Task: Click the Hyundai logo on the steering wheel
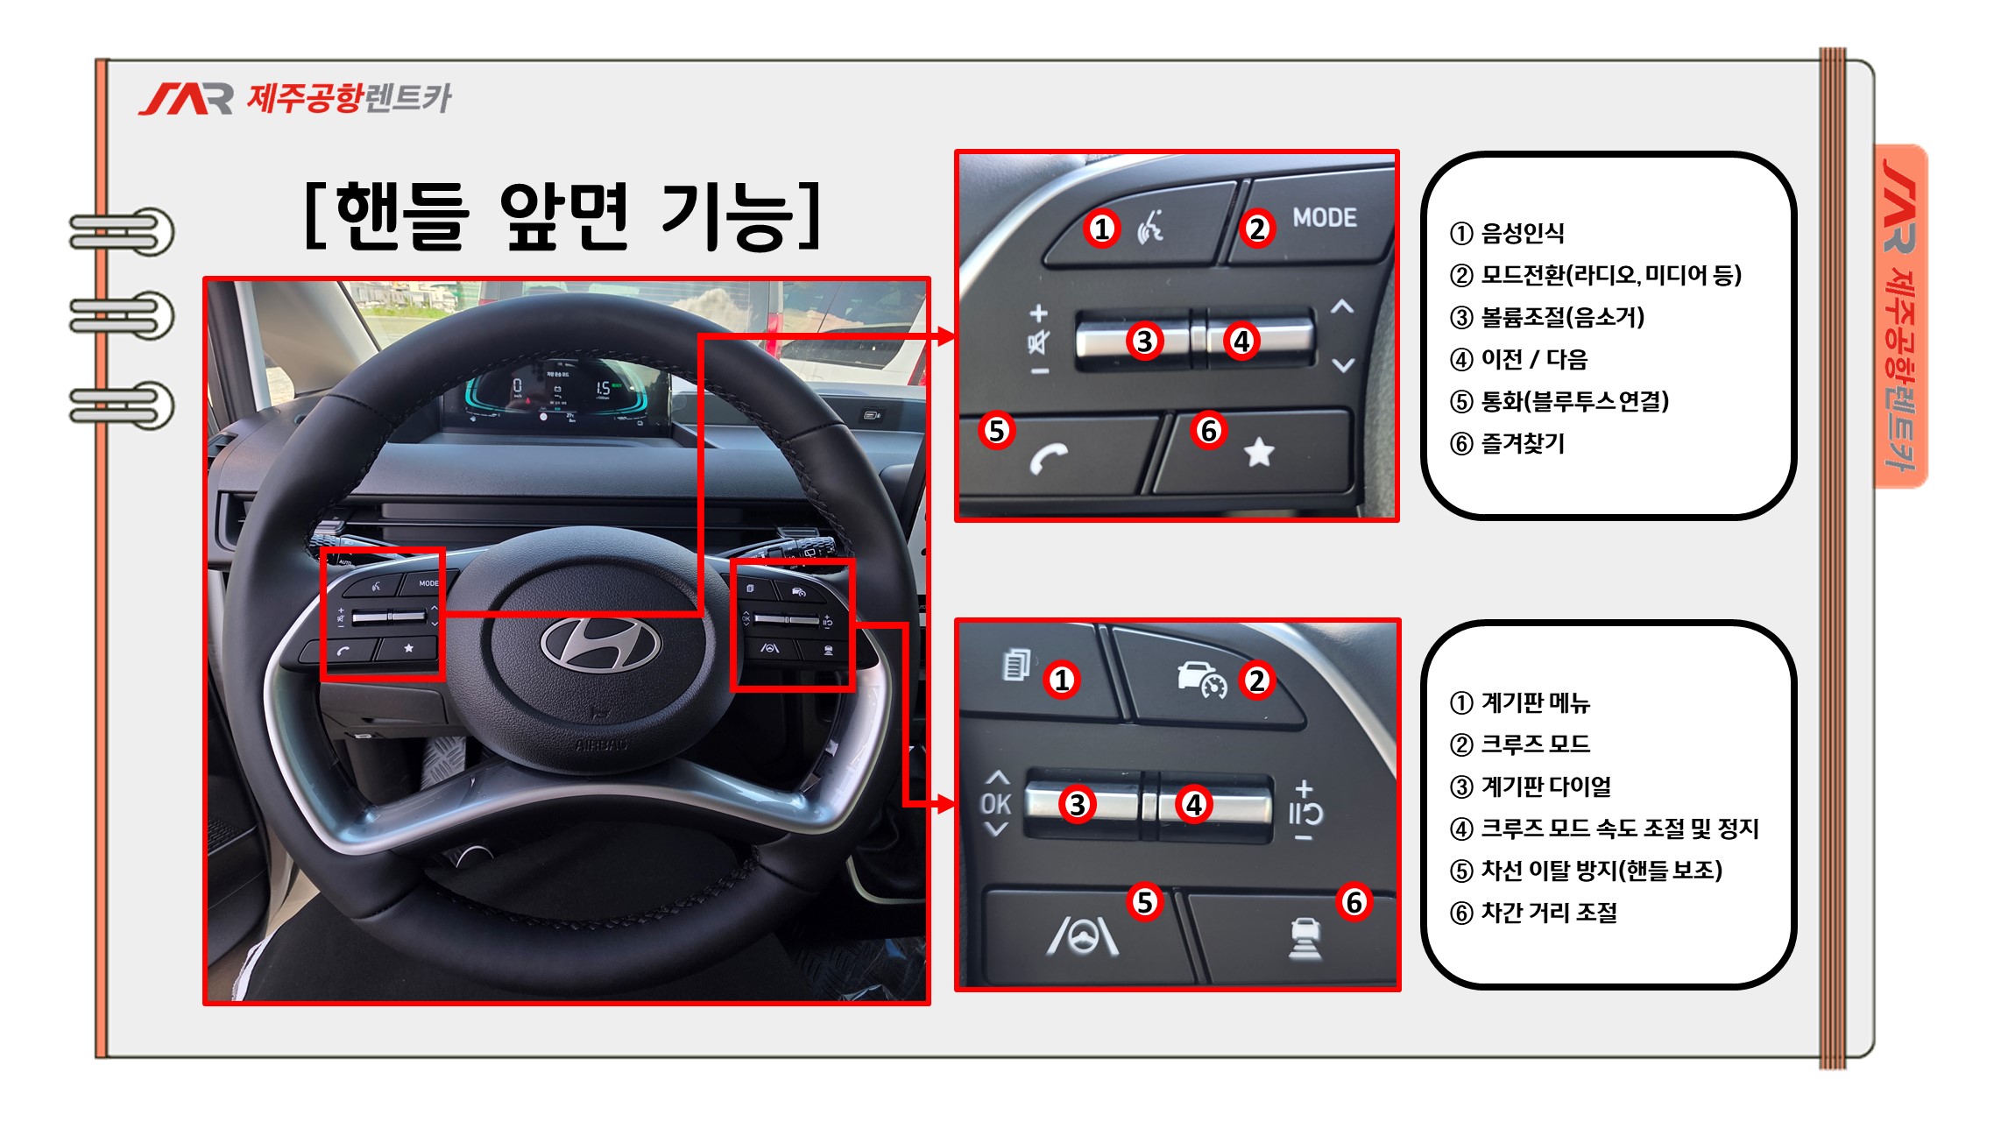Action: pos(601,645)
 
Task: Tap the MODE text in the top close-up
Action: pos(1325,218)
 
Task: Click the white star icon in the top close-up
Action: pos(1259,452)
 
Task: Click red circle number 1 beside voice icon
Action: pos(1101,229)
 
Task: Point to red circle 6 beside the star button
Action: pos(1209,430)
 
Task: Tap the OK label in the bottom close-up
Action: pos(996,804)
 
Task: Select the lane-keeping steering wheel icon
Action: pos(1083,935)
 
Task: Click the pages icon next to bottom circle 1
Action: pos(1016,665)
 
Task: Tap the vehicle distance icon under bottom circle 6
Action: pos(1305,938)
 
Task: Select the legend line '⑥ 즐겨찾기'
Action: pos(1507,443)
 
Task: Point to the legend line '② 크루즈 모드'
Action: pos(1520,744)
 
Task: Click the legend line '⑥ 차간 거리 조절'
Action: pos(1533,913)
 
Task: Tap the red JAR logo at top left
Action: pos(186,99)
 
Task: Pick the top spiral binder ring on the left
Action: pos(123,232)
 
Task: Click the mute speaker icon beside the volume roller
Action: pos(1038,342)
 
